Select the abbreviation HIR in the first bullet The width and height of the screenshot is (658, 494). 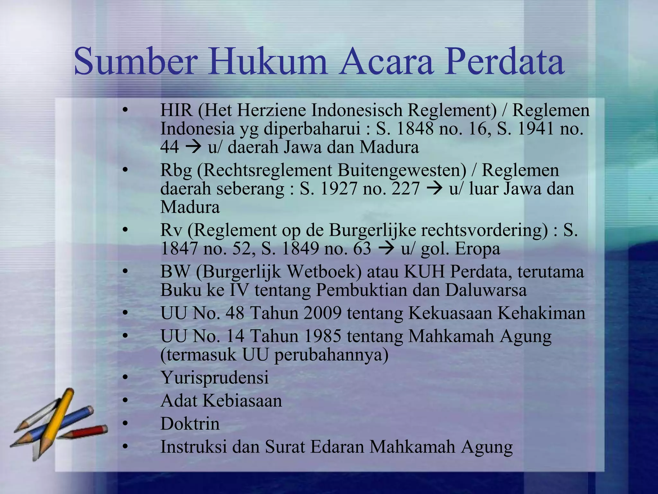tap(176, 110)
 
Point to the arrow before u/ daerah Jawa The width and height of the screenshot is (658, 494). tap(193, 147)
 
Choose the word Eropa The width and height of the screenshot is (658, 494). tap(477, 249)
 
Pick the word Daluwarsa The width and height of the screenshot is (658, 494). tap(485, 290)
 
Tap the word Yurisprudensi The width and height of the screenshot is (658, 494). tap(214, 378)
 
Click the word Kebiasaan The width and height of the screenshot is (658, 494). tap(242, 401)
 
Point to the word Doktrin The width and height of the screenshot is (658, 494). tap(190, 424)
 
